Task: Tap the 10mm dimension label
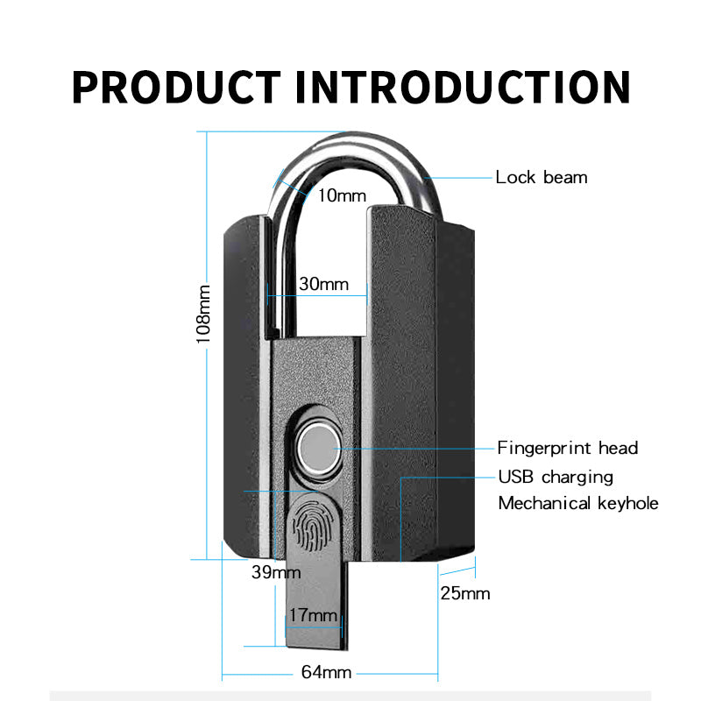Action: pos(341,195)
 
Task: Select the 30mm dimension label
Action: pos(323,284)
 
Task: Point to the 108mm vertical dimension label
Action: pos(203,313)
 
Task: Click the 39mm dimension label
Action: pos(275,572)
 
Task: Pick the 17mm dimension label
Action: pos(313,615)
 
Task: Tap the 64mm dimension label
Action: pos(326,673)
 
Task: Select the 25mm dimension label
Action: pos(464,593)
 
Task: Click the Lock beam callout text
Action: pos(541,177)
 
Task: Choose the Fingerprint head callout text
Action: pos(568,448)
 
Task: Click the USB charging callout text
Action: pos(556,478)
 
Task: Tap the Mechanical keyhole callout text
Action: pos(577,503)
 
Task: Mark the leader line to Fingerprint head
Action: pos(412,448)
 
